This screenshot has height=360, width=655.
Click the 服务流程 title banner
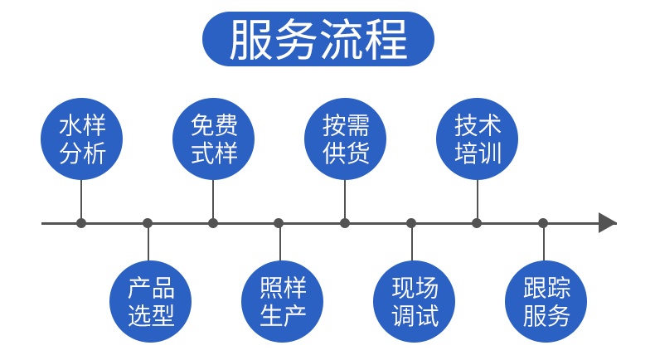[x=319, y=39]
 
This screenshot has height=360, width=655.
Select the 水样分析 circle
[x=81, y=140]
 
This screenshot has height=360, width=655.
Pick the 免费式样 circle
[x=213, y=140]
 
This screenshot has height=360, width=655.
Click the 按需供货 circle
[x=345, y=140]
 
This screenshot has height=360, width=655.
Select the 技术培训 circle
[x=478, y=140]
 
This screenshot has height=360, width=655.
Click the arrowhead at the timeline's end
[x=608, y=222]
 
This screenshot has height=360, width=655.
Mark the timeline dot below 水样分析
[x=81, y=222]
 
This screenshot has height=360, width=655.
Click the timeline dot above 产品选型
[x=148, y=222]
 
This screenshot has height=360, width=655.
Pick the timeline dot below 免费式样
[x=213, y=222]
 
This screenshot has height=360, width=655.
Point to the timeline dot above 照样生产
[x=279, y=222]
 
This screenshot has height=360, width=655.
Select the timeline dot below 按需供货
[x=345, y=222]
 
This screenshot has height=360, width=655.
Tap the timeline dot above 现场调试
[x=411, y=222]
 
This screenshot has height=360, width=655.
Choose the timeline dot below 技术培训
[x=477, y=222]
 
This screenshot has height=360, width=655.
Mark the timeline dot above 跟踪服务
[x=543, y=222]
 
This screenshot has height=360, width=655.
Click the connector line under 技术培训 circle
[x=478, y=199]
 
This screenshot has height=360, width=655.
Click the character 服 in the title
[x=248, y=40]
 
